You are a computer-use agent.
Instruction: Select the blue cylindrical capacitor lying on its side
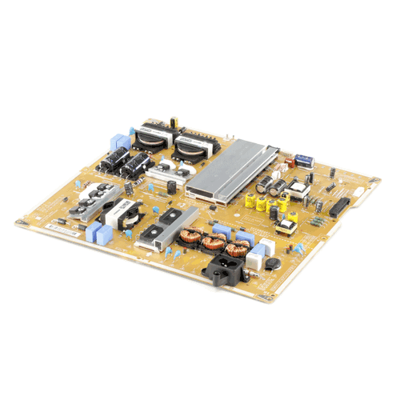[304, 160]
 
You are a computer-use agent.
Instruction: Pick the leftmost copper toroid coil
[192, 236]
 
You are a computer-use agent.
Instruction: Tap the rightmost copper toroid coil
[238, 248]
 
